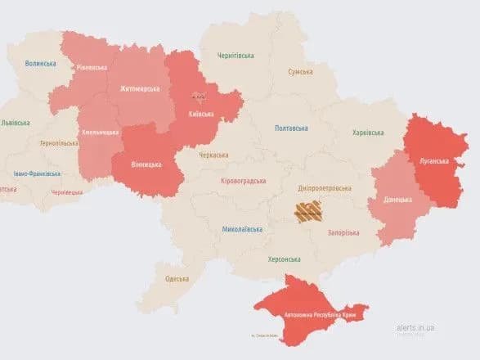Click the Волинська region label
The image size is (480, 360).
click(x=40, y=63)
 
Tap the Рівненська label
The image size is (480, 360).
click(x=91, y=68)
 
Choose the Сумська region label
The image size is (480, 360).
click(x=300, y=72)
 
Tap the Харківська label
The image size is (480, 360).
click(x=368, y=132)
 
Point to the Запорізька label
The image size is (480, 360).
click(x=343, y=233)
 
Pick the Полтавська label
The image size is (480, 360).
click(x=291, y=128)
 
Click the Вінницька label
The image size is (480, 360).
click(x=146, y=164)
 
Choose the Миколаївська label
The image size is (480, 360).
click(x=242, y=229)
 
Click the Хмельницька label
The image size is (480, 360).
click(x=100, y=132)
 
